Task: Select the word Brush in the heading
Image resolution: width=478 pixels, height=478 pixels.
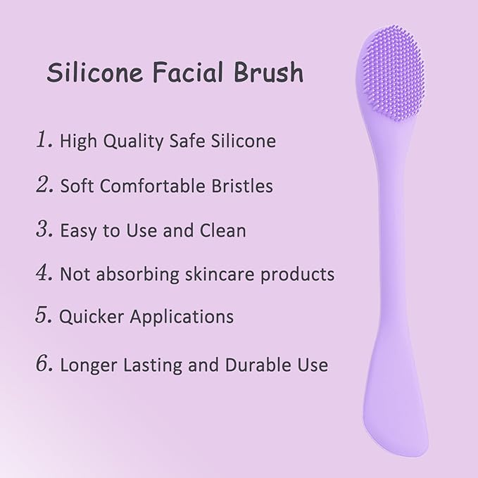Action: pos(268,73)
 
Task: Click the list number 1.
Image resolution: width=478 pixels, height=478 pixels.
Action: pos(44,140)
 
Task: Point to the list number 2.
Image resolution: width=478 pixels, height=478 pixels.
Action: pos(44,185)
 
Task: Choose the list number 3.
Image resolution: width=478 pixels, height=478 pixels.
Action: pos(44,229)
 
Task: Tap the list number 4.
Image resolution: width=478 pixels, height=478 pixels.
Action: pos(44,273)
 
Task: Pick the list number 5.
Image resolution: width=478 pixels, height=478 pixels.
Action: pos(44,315)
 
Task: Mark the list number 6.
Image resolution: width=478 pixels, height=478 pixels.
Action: pos(44,364)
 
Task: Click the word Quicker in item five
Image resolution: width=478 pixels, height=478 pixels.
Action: pos(88,317)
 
